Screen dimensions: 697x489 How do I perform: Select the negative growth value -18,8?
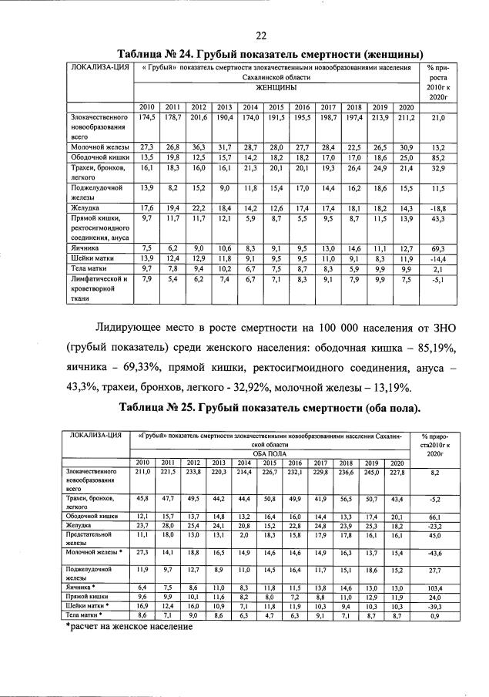(437, 208)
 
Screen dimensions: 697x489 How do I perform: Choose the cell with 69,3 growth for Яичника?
(437, 248)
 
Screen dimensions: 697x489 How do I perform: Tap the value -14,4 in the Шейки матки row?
(437, 259)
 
